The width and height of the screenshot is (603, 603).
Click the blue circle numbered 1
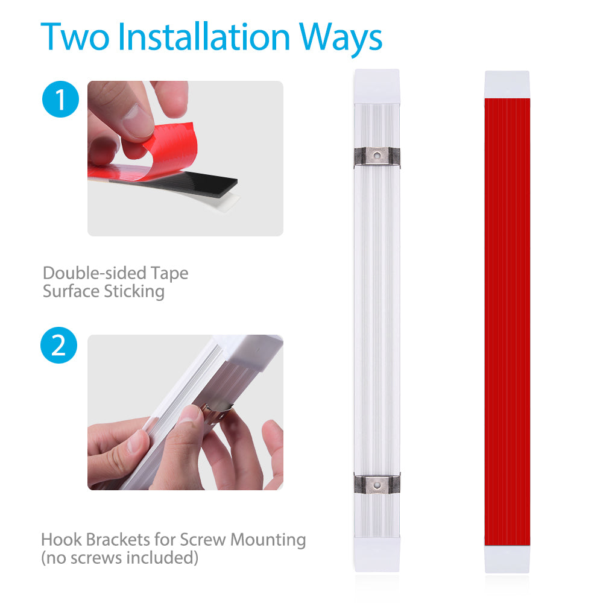coord(60,99)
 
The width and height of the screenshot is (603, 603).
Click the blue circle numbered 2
coord(59,346)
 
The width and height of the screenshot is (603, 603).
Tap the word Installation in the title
coord(204,37)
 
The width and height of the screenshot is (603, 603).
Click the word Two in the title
coord(75,37)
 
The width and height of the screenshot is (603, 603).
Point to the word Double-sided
coord(95,273)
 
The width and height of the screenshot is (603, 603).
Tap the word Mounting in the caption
coord(268,540)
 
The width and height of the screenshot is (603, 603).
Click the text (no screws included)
coord(119,558)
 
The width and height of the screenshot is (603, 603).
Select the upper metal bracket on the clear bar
coord(377,157)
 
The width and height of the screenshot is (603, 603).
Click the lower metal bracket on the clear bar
coord(377,484)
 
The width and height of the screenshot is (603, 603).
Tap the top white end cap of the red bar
coord(507,84)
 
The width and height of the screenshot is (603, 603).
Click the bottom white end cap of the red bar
coord(507,559)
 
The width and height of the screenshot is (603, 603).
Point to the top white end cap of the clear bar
coord(377,86)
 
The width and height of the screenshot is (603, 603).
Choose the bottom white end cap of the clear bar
coord(377,555)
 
